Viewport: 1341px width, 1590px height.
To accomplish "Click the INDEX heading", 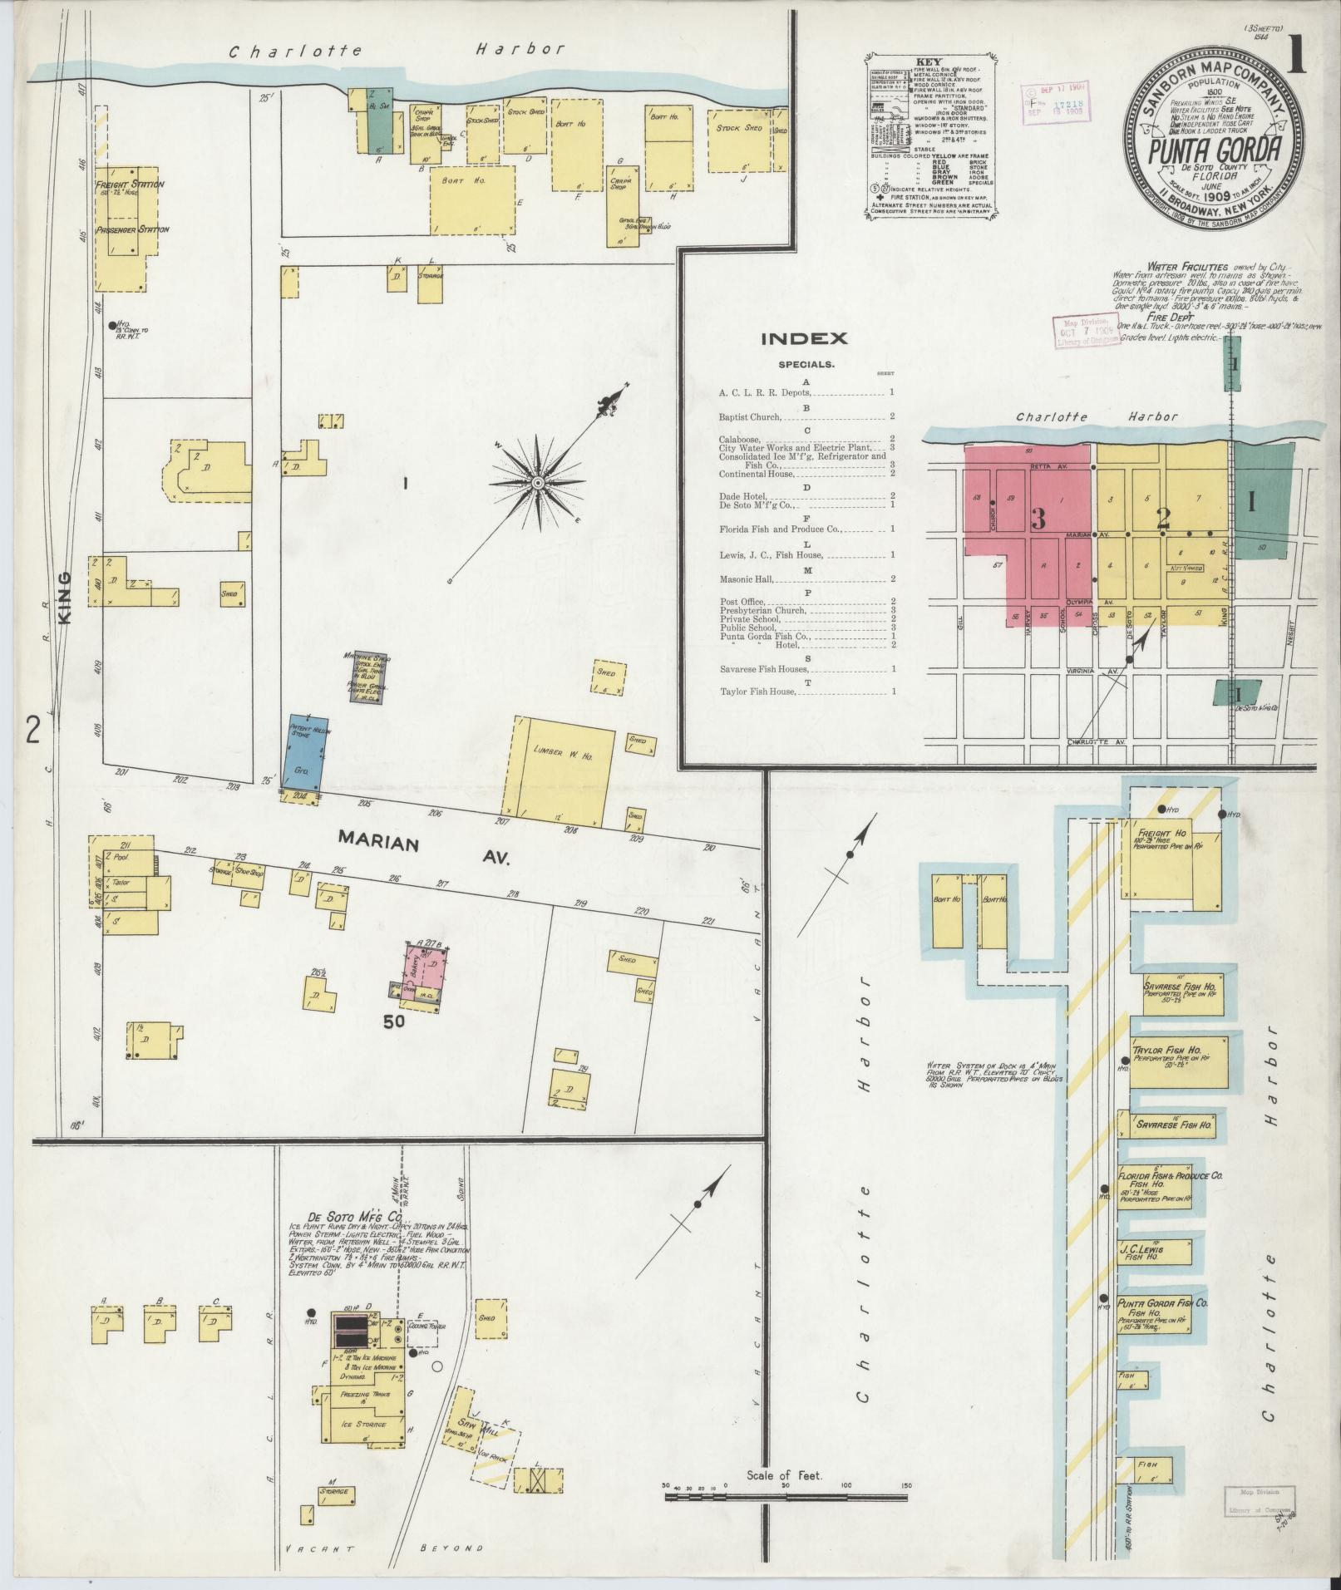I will pos(804,338).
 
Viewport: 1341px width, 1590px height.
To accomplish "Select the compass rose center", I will pos(538,483).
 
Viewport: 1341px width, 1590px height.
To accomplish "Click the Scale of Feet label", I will pos(784,1475).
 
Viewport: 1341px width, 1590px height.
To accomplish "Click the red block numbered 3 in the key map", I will pos(1038,518).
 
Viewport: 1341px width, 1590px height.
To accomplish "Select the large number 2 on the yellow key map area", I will pos(1164,519).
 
